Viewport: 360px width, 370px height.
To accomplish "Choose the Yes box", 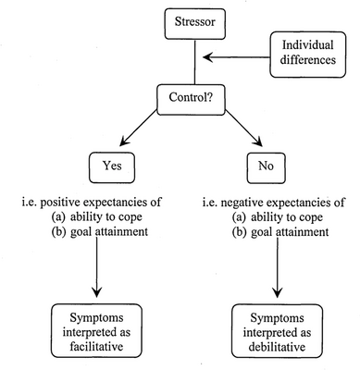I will [110, 169].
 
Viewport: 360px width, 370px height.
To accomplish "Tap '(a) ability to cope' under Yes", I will [109, 218].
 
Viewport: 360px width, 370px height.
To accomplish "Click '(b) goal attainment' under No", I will [276, 233].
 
